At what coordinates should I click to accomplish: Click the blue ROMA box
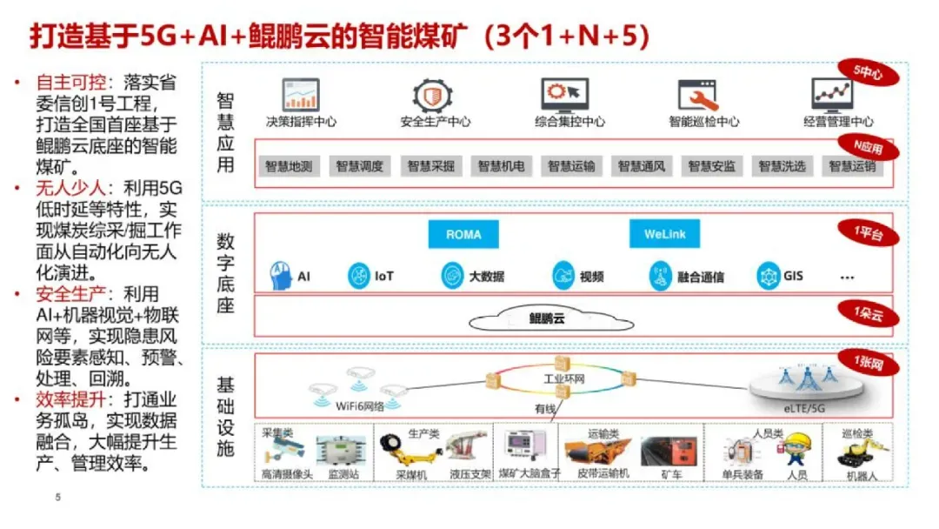tap(463, 234)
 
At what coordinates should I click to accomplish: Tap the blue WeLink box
tap(664, 234)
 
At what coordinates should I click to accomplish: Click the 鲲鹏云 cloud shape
tap(547, 318)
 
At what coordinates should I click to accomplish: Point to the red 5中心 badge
tap(867, 75)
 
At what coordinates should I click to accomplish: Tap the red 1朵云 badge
tap(867, 313)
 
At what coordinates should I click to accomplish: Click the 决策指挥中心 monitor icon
tap(301, 94)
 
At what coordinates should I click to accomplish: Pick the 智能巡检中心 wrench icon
tap(696, 94)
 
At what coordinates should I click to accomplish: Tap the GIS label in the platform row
tap(793, 277)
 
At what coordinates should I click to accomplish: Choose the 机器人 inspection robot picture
tap(856, 452)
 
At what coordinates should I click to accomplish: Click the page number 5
tap(58, 498)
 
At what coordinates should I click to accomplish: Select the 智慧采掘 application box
tap(430, 165)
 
